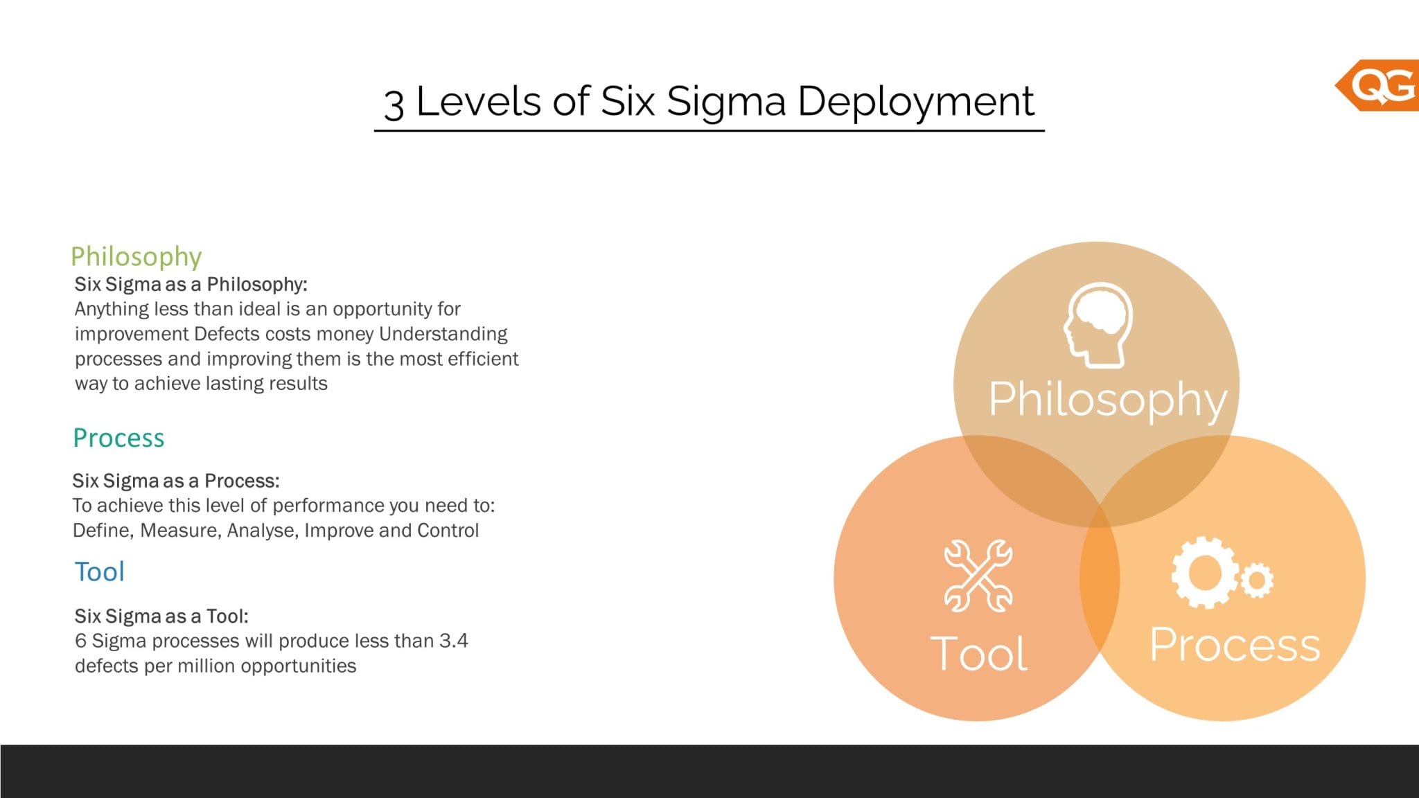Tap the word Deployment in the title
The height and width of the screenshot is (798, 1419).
[x=915, y=102]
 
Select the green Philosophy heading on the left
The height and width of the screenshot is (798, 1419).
[x=136, y=256]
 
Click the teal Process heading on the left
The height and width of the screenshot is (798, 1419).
[x=118, y=438]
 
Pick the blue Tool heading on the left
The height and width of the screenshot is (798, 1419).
[x=99, y=572]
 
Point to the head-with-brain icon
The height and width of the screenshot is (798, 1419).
[x=1098, y=324]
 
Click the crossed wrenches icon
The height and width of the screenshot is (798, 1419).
[x=978, y=576]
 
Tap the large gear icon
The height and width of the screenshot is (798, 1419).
[x=1204, y=573]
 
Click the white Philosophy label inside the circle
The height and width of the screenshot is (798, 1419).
[x=1107, y=400]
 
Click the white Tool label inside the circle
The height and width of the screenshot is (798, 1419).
[x=978, y=653]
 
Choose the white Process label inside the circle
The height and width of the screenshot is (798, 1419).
[x=1234, y=645]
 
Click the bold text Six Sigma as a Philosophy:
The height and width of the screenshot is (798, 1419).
[x=191, y=284]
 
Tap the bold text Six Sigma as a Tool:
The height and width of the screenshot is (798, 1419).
[x=161, y=616]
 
